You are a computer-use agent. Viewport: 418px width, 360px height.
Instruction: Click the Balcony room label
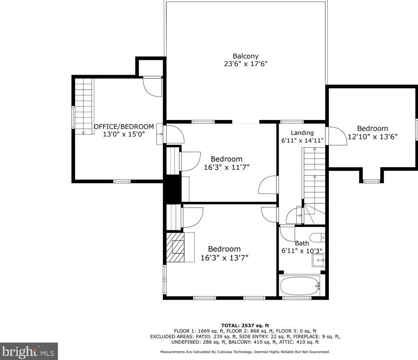[245, 56]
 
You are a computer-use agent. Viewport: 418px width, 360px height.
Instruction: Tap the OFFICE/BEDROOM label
[124, 126]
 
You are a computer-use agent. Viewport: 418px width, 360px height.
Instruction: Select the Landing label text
[302, 133]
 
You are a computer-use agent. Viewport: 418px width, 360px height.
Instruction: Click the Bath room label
[302, 243]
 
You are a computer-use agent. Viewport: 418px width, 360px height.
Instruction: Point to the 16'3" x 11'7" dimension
[226, 167]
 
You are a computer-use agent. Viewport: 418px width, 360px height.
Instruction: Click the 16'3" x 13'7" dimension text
[225, 258]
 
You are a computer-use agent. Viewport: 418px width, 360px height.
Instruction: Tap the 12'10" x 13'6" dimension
[373, 137]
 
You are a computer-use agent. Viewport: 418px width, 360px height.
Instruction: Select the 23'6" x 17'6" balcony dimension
[245, 64]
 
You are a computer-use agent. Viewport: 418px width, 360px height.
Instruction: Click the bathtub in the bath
[300, 286]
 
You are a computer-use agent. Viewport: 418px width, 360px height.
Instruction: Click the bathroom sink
[318, 260]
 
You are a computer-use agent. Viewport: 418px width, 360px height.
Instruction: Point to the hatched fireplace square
[176, 247]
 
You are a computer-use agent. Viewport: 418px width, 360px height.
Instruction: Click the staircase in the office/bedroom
[84, 106]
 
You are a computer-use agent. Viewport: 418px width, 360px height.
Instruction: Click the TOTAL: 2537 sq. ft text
[245, 325]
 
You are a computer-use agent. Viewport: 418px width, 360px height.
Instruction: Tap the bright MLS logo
[29, 351]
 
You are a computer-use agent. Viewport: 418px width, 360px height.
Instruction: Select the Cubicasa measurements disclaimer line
[245, 352]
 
